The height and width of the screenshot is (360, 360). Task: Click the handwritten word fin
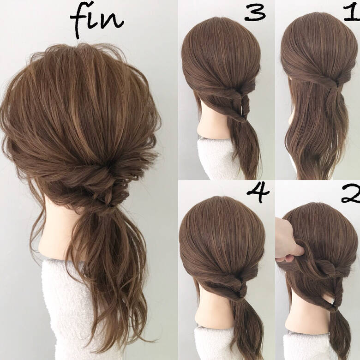pyautogui.click(x=96, y=19)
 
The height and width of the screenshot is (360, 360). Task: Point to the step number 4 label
pyautogui.click(x=258, y=193)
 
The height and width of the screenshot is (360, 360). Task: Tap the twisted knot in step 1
pyautogui.click(x=330, y=82)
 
